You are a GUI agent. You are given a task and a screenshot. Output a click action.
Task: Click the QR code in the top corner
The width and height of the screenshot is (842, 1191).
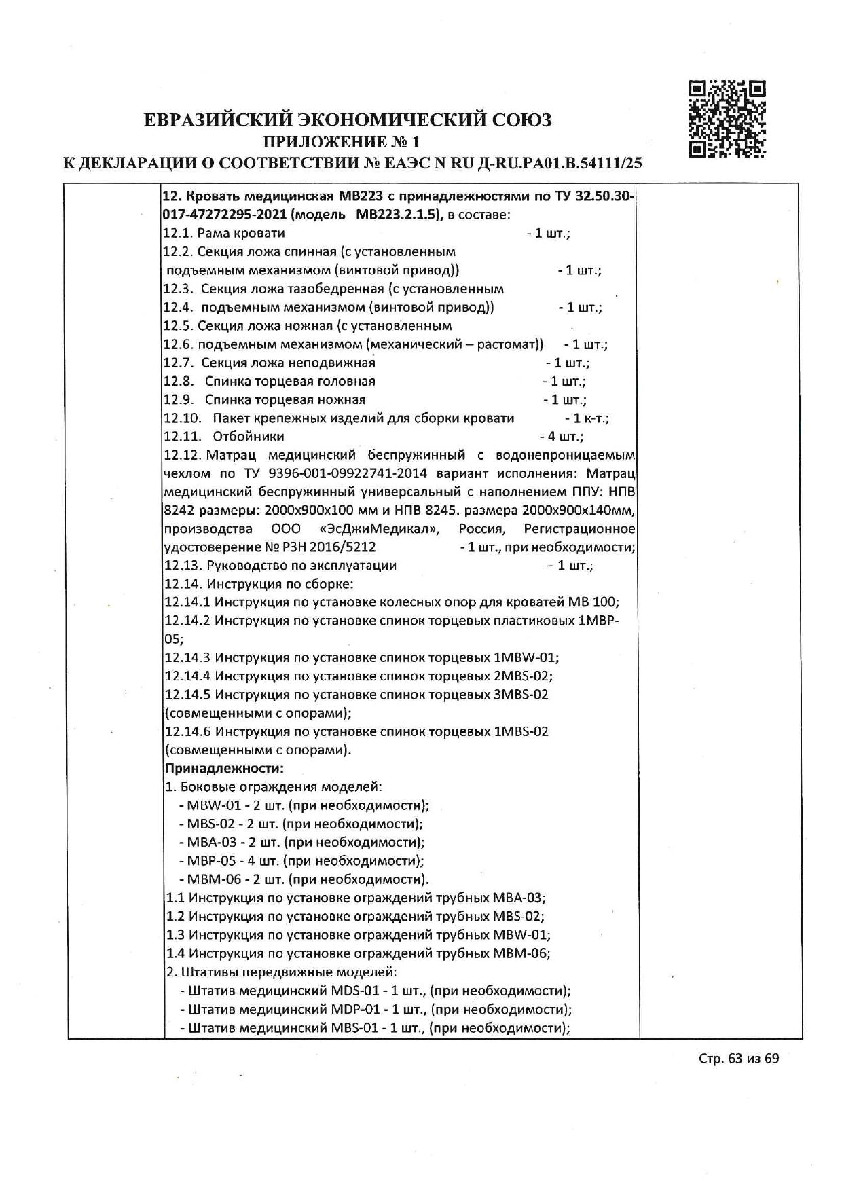(x=727, y=119)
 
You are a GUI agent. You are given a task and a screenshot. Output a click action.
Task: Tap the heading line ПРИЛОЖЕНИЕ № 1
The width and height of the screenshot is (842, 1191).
(x=342, y=142)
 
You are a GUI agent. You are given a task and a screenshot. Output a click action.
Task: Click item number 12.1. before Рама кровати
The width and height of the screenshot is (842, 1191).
(x=178, y=234)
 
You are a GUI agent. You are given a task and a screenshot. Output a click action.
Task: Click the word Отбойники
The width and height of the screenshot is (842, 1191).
(x=248, y=437)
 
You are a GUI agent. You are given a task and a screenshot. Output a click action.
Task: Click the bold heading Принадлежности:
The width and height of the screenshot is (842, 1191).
(x=224, y=769)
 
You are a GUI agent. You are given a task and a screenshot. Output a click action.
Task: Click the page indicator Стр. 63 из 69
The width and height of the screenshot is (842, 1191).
(x=739, y=1059)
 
